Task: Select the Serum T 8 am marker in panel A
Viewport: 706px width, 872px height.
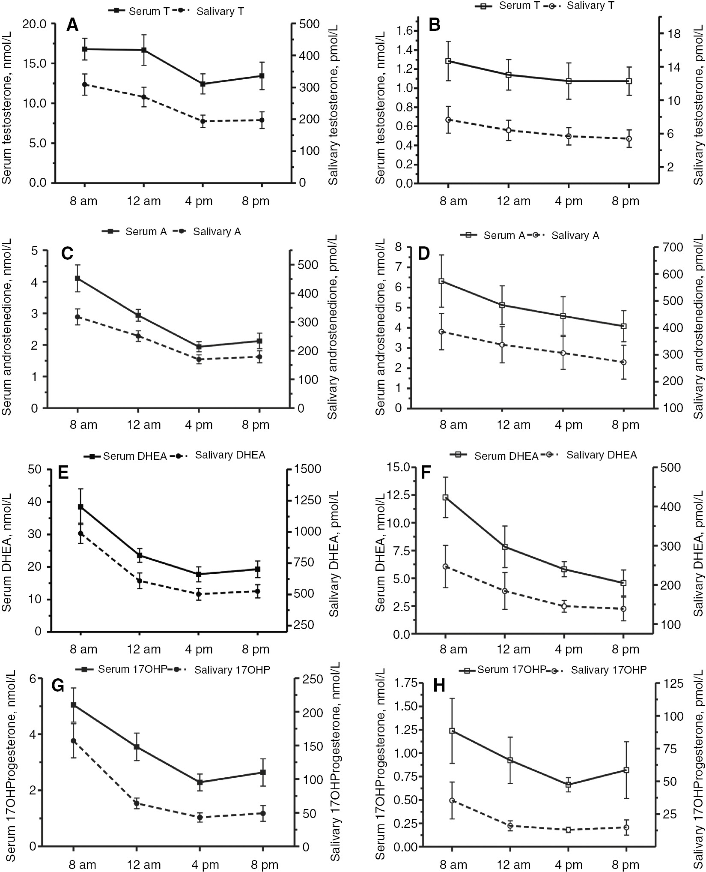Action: click(85, 49)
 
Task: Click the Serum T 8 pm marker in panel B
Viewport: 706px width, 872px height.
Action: click(629, 81)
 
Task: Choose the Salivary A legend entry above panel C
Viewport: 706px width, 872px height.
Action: click(216, 232)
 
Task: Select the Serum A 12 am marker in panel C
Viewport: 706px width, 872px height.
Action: click(138, 315)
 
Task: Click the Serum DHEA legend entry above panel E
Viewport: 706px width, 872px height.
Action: click(134, 456)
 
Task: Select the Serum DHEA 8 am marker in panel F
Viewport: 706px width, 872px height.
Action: click(446, 497)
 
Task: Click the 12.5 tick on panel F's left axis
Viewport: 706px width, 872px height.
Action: click(396, 495)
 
